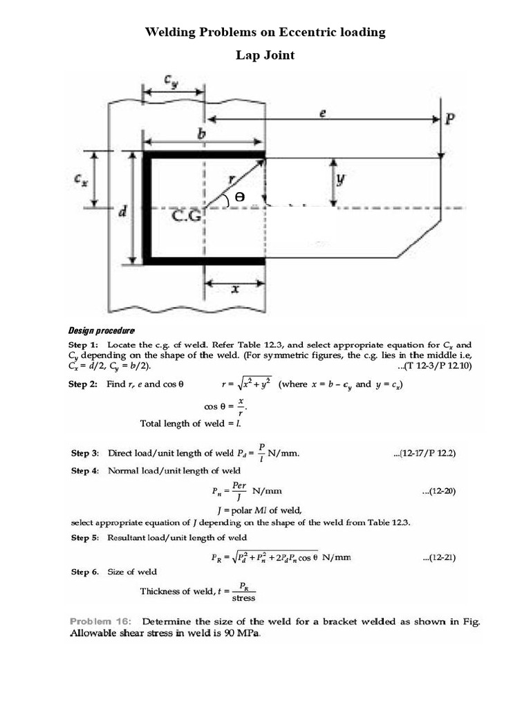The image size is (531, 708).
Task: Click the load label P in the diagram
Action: point(449,119)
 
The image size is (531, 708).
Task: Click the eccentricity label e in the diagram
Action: point(322,114)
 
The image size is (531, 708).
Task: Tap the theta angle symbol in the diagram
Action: point(240,196)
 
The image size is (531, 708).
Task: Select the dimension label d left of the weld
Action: point(122,212)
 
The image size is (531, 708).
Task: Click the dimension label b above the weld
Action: point(201,134)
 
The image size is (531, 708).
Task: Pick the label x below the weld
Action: point(235,290)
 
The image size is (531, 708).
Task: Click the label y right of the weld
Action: point(340,179)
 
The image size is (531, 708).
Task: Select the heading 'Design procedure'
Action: point(100,330)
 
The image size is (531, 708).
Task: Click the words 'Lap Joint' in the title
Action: point(265,55)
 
